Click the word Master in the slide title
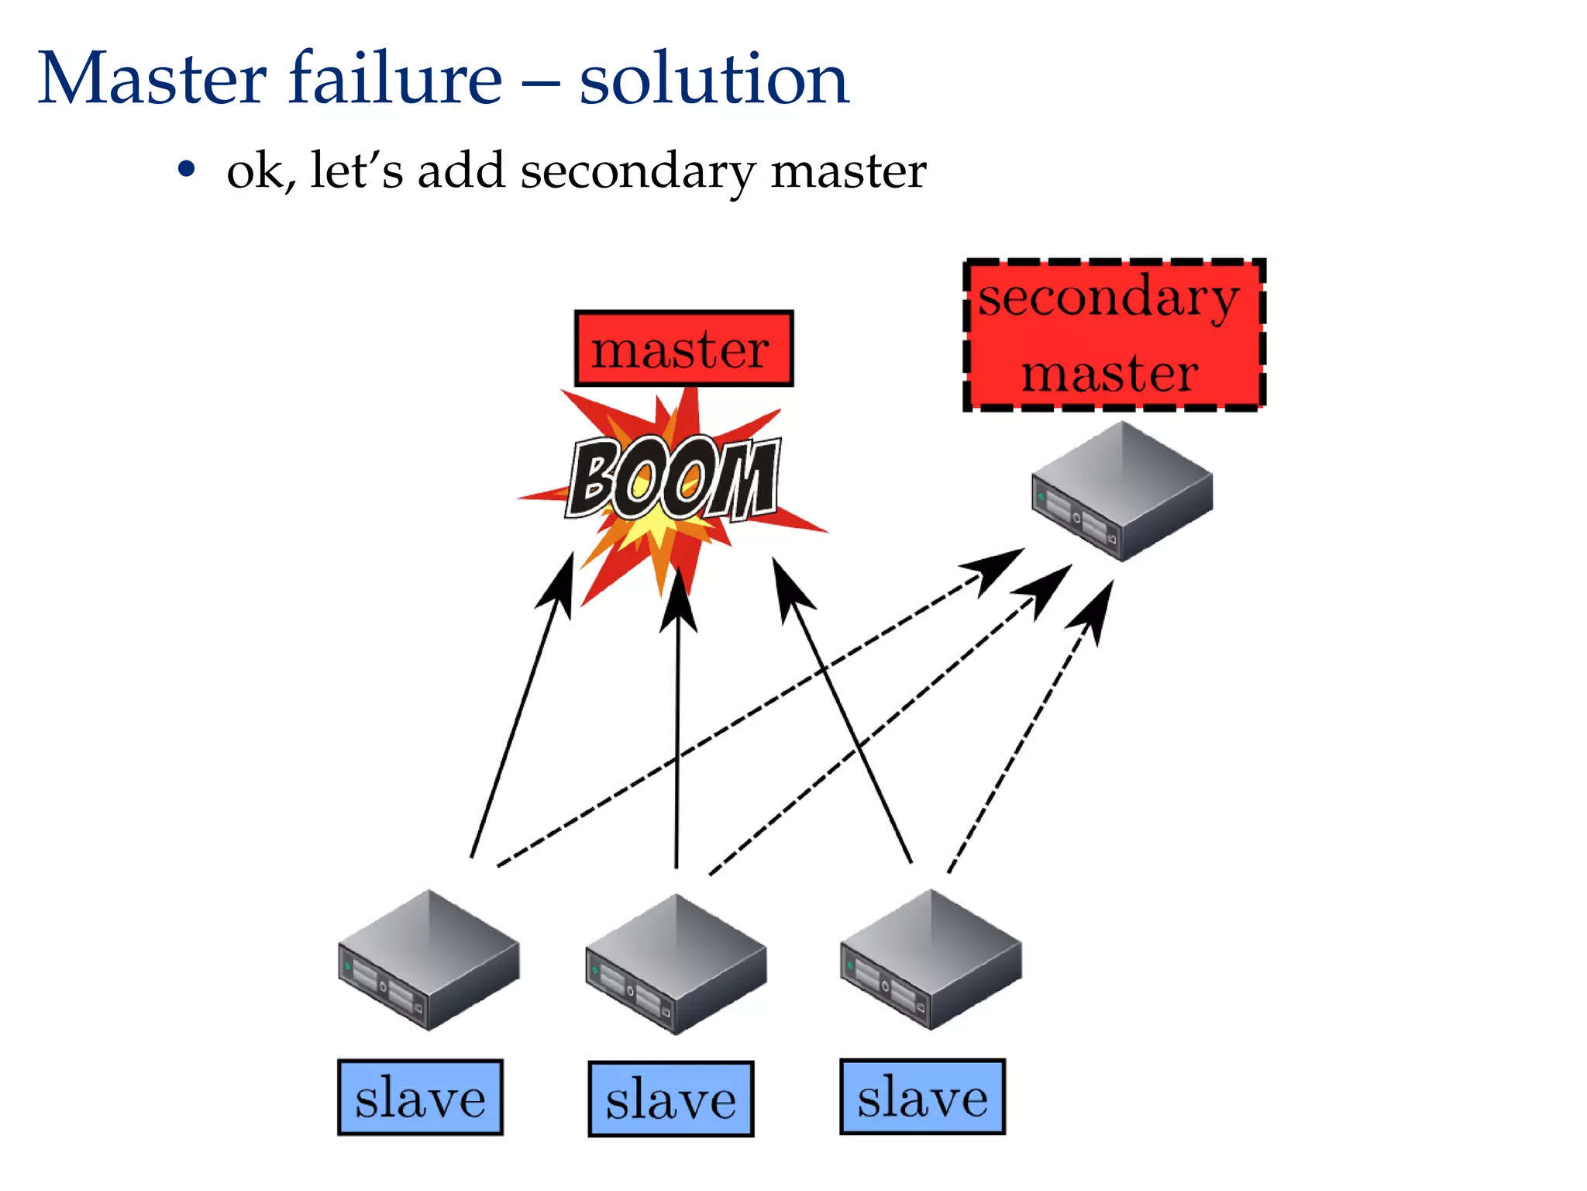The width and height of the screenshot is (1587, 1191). [x=152, y=78]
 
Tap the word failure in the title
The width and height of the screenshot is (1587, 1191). [x=395, y=78]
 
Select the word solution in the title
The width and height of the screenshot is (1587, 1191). [x=714, y=80]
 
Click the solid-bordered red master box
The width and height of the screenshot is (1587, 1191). [x=683, y=349]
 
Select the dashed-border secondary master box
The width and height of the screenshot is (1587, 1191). [x=1114, y=335]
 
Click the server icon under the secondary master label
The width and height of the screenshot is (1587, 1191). [x=1122, y=491]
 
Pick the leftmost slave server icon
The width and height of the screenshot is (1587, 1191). [x=429, y=960]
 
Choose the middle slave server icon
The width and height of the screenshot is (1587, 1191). [x=676, y=964]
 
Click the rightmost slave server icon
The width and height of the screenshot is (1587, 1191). [x=931, y=959]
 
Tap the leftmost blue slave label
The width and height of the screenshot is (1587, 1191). [x=420, y=1097]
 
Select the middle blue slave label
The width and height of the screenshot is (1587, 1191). [x=670, y=1100]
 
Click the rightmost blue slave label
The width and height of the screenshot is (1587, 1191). [x=922, y=1097]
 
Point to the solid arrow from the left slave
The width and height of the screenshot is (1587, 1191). [x=519, y=713]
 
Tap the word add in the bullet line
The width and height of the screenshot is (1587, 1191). [x=461, y=170]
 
